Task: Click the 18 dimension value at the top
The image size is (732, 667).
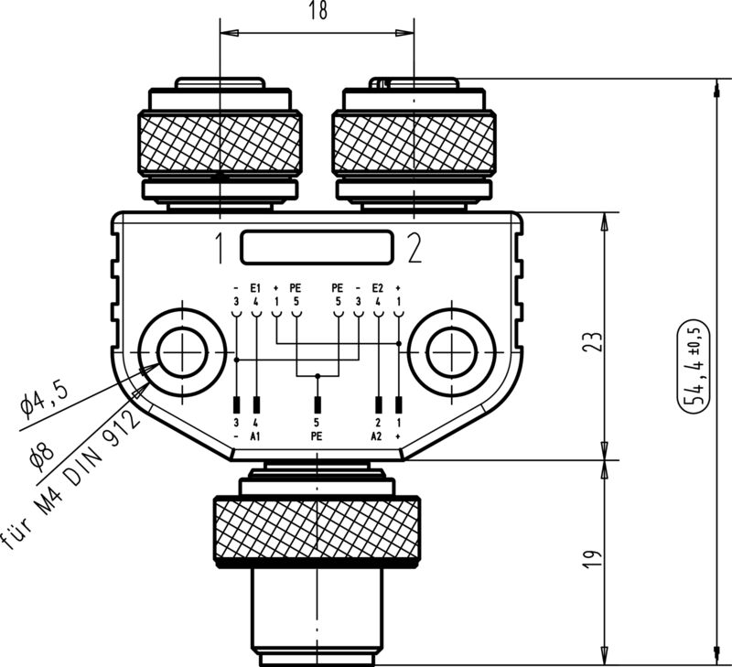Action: pos(318,11)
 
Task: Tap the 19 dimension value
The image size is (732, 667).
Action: pos(594,558)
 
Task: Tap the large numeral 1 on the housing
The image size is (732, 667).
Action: pos(220,248)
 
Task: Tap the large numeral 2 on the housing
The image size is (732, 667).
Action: pos(414,248)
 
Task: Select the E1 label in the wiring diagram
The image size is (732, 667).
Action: pos(255,287)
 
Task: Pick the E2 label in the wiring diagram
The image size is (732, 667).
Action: pos(378,287)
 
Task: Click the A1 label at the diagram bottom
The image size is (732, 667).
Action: pos(256,436)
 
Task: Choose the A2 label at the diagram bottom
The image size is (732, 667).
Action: pos(377,436)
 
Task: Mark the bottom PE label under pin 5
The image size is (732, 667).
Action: pos(317,436)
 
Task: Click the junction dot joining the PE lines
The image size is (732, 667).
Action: pos(317,375)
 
